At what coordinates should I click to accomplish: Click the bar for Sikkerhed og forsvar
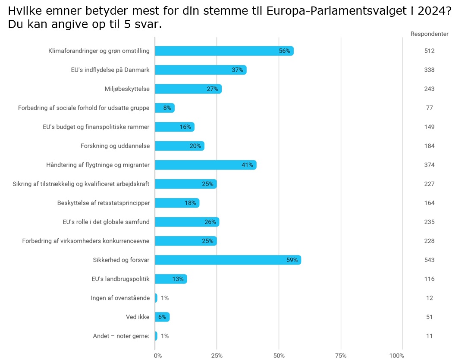[x=228, y=260]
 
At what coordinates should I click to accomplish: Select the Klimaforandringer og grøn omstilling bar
[x=224, y=51]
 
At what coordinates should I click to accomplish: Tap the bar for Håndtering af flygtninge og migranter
[x=205, y=165]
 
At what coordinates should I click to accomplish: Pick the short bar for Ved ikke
[x=162, y=317]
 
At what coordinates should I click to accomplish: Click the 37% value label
[x=238, y=70]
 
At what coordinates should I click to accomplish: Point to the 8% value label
[x=167, y=108]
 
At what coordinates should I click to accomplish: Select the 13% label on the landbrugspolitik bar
[x=178, y=279]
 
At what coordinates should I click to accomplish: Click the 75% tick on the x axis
[x=341, y=355]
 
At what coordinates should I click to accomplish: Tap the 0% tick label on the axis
[x=158, y=355]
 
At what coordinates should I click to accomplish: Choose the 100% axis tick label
[x=396, y=355]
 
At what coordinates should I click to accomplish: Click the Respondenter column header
[x=429, y=34]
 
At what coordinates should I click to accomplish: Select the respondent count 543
[x=429, y=260]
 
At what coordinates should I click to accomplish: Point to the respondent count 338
[x=429, y=70]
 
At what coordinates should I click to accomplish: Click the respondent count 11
[x=429, y=336]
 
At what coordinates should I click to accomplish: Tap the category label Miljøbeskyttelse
[x=127, y=89]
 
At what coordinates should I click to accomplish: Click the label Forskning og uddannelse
[x=115, y=146]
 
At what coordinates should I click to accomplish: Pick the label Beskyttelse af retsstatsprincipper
[x=104, y=203]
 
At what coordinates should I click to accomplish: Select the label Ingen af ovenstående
[x=120, y=298]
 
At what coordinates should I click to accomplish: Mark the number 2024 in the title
[x=432, y=10]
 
